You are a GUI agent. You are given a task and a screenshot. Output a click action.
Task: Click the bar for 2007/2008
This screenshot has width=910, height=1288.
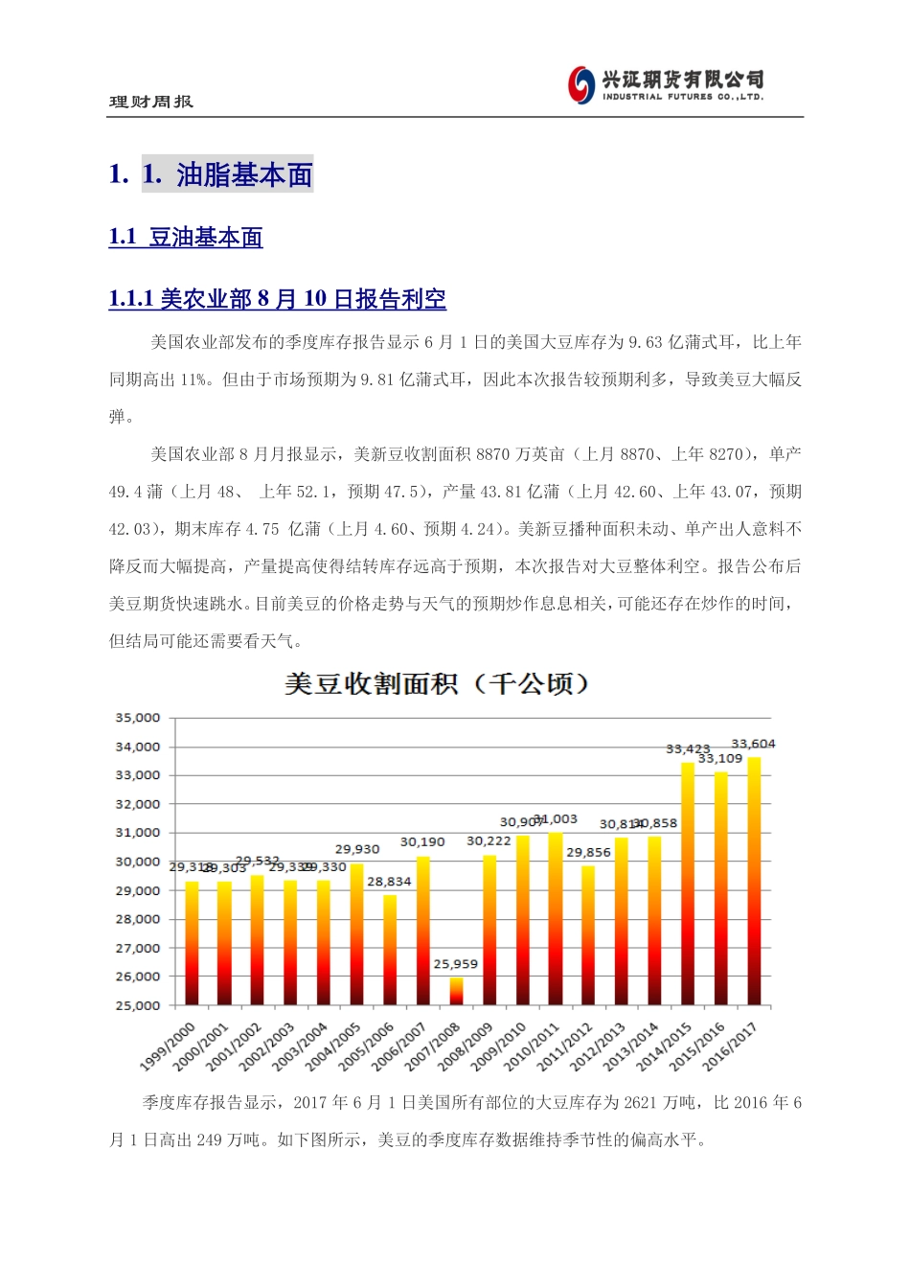[x=456, y=991]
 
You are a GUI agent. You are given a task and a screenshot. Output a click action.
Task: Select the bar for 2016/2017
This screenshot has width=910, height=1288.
[x=754, y=882]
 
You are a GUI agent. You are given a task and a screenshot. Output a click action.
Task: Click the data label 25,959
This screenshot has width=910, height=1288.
[x=456, y=964]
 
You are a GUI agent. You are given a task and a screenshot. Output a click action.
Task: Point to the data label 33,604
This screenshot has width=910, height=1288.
[x=753, y=744]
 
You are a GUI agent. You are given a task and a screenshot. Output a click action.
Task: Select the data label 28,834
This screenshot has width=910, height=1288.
[x=389, y=882]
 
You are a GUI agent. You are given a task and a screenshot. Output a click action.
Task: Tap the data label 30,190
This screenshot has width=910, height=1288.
[x=422, y=842]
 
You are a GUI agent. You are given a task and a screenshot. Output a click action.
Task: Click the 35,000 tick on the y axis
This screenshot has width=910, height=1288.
[x=138, y=718]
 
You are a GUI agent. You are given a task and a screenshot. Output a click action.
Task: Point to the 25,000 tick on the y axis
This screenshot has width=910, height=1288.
[x=138, y=1005]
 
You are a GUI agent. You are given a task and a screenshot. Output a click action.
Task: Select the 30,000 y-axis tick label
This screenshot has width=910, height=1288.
[x=138, y=862]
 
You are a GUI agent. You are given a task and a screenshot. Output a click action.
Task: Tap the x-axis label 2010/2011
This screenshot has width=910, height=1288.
[x=533, y=1046]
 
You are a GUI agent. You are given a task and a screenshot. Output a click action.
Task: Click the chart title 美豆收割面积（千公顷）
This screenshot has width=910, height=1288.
[x=438, y=684]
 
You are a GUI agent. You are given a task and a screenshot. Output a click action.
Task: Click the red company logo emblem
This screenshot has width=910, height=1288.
[x=581, y=84]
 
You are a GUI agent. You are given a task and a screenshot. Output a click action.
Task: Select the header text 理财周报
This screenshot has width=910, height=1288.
[x=151, y=102]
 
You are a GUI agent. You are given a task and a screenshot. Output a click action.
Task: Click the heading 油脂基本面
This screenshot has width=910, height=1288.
[x=244, y=174]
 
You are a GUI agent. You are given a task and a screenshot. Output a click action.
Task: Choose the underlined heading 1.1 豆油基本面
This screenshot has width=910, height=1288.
[x=186, y=238]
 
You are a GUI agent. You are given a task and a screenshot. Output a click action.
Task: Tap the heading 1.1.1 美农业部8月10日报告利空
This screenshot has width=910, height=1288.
[x=278, y=299]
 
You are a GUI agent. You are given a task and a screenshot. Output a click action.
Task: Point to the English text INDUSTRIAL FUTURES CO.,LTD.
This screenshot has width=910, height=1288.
[x=683, y=97]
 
